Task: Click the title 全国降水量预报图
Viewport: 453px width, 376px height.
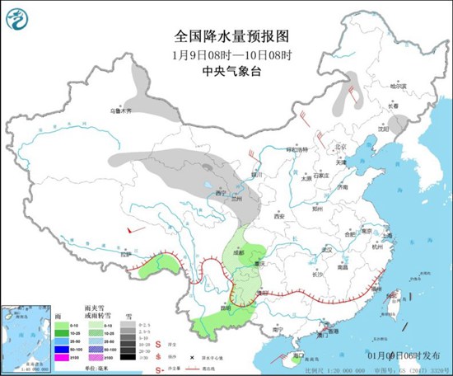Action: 226,35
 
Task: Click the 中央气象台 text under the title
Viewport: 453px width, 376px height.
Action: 226,70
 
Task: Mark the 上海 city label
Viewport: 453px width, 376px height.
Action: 386,234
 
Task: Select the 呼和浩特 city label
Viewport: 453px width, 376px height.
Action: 294,149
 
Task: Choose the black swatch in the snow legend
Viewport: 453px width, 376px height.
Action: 128,356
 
